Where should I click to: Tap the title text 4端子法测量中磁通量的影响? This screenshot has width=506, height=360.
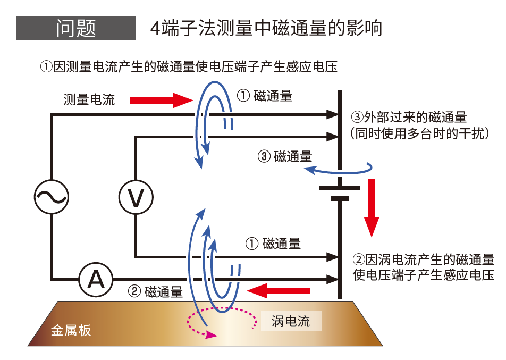pos(266,28)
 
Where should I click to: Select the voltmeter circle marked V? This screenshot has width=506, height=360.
pos(136,197)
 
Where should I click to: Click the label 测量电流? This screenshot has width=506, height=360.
pos(89,99)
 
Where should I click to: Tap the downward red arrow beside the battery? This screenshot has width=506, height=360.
pos(372,207)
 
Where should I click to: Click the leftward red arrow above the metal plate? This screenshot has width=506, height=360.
pos(279,290)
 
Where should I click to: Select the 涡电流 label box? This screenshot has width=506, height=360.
pos(290,321)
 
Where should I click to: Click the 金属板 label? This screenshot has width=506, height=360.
pos(71,330)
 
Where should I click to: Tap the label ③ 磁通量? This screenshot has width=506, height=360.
pos(285,156)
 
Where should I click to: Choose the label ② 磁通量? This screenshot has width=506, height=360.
pos(156,291)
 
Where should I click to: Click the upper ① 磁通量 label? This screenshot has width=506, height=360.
pos(264,96)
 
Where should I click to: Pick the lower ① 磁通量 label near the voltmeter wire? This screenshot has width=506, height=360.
pos(273,244)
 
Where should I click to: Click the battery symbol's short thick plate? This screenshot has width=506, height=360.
pos(340,198)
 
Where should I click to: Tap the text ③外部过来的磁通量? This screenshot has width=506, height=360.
pos(409,117)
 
